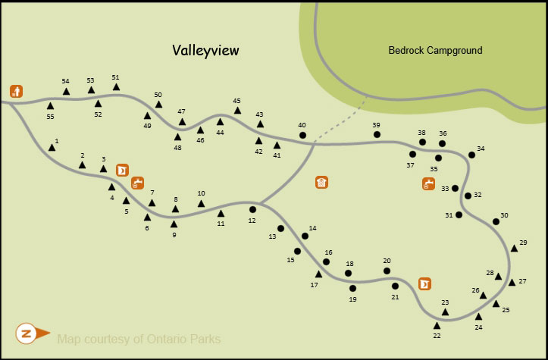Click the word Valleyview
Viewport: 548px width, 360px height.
(205, 51)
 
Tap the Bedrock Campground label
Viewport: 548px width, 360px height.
(435, 51)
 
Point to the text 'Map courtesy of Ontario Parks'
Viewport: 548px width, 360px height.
(139, 338)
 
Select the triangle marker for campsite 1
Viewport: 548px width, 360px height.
(52, 147)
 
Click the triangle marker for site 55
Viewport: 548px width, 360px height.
(50, 106)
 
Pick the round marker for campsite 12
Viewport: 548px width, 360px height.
(252, 209)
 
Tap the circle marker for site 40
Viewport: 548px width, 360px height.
(302, 136)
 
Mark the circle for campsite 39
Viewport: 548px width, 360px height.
(377, 135)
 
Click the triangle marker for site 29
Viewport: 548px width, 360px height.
(514, 248)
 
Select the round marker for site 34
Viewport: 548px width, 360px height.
(471, 155)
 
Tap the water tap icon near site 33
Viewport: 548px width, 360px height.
(429, 183)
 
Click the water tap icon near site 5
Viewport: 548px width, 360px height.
(137, 183)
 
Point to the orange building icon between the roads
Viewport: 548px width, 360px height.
(322, 182)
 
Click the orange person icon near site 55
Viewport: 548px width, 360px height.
(16, 92)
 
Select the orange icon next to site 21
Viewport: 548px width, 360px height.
(424, 283)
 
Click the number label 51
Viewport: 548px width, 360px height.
(115, 77)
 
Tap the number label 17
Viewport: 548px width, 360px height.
(314, 285)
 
